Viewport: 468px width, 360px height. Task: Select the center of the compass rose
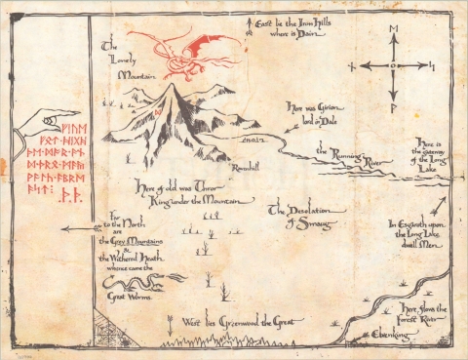(x=393, y=67)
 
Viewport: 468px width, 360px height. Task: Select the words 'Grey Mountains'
(x=131, y=239)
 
